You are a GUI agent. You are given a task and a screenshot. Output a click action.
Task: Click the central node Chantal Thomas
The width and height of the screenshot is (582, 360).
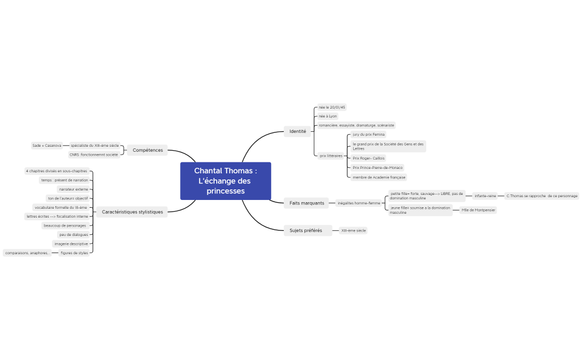pyautogui.click(x=226, y=181)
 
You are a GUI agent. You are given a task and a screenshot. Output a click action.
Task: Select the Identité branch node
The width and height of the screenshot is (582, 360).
pyautogui.click(x=298, y=132)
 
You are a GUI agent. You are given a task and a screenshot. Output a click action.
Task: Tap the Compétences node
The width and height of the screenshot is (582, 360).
pyautogui.click(x=147, y=150)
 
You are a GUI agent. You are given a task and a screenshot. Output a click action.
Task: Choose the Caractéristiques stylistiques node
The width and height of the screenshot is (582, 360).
pyautogui.click(x=132, y=212)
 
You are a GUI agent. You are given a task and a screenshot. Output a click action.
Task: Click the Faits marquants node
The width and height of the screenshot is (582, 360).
pyautogui.click(x=307, y=203)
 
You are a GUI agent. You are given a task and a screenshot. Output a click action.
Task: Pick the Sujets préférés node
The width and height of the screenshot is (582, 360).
pyautogui.click(x=305, y=230)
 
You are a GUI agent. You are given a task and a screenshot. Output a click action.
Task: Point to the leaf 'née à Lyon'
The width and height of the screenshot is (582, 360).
pyautogui.click(x=328, y=116)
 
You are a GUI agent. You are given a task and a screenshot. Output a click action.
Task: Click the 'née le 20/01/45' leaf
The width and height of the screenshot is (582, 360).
pyautogui.click(x=332, y=107)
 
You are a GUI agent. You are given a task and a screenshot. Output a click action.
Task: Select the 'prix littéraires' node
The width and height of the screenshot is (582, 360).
pyautogui.click(x=331, y=156)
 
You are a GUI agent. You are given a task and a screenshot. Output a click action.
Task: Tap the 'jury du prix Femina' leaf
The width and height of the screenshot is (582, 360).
pyautogui.click(x=369, y=135)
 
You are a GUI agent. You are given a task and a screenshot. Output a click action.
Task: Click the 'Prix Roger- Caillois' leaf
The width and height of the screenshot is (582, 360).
pyautogui.click(x=369, y=158)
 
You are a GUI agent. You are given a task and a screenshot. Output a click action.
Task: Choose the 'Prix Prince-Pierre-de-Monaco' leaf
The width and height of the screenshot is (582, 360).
pyautogui.click(x=377, y=167)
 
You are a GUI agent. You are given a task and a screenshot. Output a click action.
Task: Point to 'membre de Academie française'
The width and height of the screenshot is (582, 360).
pyautogui.click(x=379, y=177)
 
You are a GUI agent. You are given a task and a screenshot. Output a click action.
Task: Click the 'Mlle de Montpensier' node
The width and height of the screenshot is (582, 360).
pyautogui.click(x=478, y=210)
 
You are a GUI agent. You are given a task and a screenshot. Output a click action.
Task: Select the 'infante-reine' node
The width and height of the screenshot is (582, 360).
pyautogui.click(x=485, y=196)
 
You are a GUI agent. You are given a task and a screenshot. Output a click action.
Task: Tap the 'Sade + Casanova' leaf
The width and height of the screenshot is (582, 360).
pyautogui.click(x=47, y=145)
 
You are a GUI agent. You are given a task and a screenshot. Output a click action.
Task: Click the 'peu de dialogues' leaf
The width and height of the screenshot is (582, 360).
pyautogui.click(x=74, y=234)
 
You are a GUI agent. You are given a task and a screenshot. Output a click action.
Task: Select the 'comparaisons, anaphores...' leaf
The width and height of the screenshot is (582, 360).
pyautogui.click(x=27, y=253)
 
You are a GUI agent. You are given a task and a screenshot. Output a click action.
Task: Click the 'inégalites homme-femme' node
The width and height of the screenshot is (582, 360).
pyautogui.click(x=359, y=203)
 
